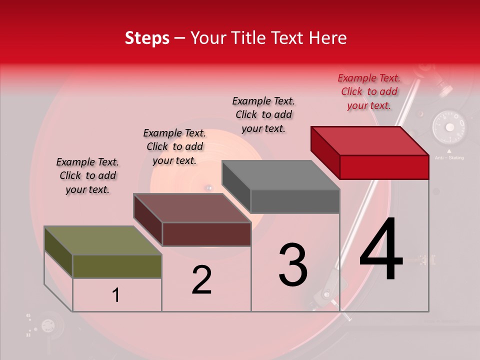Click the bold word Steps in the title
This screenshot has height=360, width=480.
pos(147,38)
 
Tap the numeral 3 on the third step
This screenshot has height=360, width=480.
pos(293,265)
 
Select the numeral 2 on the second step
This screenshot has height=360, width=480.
pos(201,279)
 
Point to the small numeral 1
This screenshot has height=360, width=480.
pos(116,295)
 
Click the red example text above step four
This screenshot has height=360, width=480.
pos(369,91)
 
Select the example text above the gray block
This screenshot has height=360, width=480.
pos(263,114)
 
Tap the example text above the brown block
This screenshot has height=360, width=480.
pos(174,146)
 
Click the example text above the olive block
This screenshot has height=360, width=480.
pos(87,175)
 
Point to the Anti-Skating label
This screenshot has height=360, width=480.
pos(449,158)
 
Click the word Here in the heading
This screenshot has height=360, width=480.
pos(328,38)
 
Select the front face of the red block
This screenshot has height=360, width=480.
pos(384,167)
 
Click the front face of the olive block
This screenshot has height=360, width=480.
pos(117,266)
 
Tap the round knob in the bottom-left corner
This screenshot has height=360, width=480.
pos(47,326)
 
